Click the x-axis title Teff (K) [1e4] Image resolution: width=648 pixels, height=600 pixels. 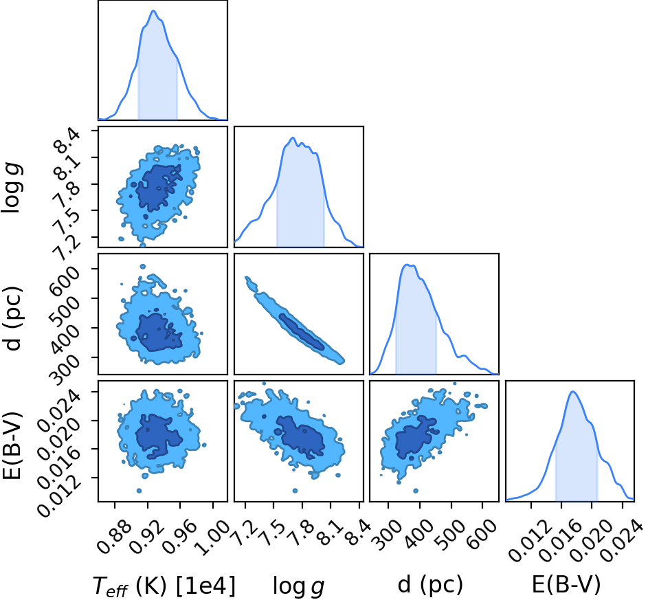(164, 586)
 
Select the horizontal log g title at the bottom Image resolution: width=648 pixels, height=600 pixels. (298, 586)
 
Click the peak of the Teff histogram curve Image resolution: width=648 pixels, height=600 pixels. (153, 11)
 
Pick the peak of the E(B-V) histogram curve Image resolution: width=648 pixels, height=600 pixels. (573, 391)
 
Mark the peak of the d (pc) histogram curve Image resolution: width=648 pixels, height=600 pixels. (407, 265)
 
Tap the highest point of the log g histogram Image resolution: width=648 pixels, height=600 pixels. (293, 137)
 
